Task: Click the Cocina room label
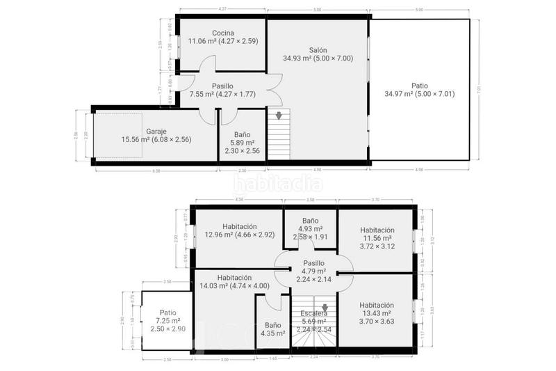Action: [x=223, y=33]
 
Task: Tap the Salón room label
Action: [x=318, y=50]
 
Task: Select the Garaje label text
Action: [x=156, y=131]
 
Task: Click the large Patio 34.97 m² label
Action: [x=419, y=86]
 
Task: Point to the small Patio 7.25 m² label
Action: [x=167, y=313]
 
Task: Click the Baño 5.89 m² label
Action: [x=243, y=134]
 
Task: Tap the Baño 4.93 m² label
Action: [x=310, y=220]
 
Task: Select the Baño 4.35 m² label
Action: [x=272, y=325]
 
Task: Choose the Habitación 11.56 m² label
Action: [x=377, y=230]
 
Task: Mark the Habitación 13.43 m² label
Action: [x=377, y=305]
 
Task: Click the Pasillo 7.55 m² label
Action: [x=222, y=86]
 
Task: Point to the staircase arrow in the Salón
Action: [x=279, y=115]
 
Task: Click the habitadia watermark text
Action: [x=277, y=184]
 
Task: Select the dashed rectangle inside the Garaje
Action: [x=118, y=137]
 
